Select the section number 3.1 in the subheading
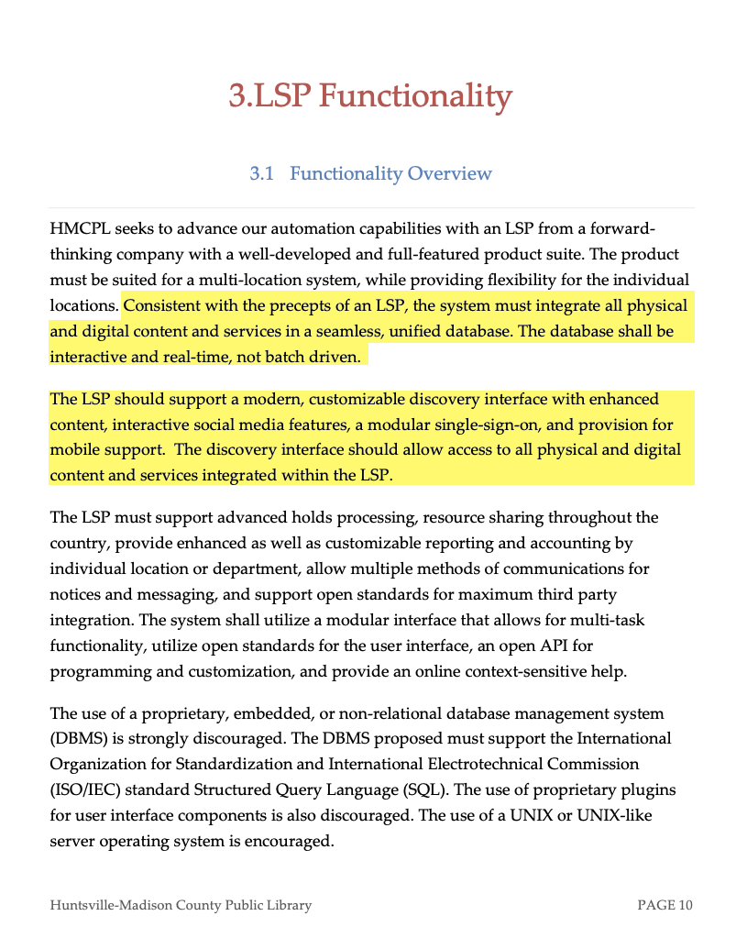[x=262, y=173]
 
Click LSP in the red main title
[x=280, y=95]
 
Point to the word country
[x=78, y=544]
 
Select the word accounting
[x=575, y=544]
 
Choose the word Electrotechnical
[x=489, y=764]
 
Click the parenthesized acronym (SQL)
[x=426, y=789]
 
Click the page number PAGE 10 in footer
[x=665, y=906]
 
